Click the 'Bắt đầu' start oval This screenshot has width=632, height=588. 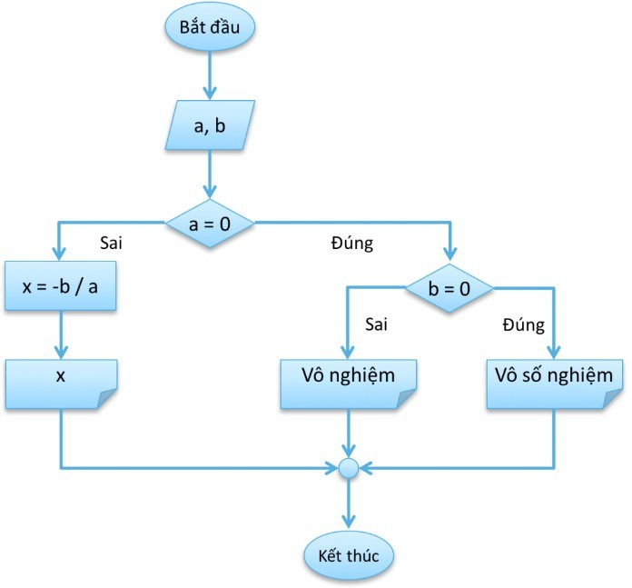click(210, 26)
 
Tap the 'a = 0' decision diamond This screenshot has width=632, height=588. click(210, 222)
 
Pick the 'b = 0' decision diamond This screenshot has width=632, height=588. click(449, 290)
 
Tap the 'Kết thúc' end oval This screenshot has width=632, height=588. click(349, 553)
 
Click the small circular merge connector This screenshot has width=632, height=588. click(349, 469)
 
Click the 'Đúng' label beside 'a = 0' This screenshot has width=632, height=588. click(348, 244)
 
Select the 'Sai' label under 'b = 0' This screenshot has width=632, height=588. click(376, 324)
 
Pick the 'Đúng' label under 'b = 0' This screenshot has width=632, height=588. click(523, 324)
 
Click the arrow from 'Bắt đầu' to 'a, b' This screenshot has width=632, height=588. click(211, 76)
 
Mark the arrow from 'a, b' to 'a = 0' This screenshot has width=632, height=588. click(211, 174)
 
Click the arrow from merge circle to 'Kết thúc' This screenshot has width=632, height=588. click(349, 503)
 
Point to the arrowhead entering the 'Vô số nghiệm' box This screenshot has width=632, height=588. click(554, 353)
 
